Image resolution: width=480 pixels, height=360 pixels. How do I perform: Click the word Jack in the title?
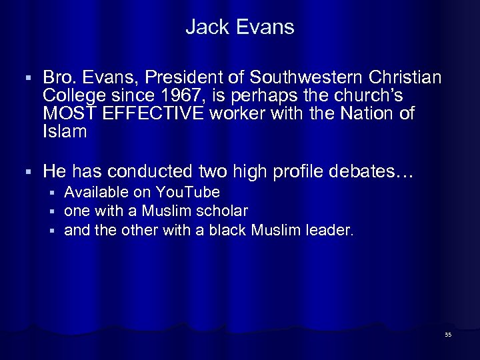click(203, 27)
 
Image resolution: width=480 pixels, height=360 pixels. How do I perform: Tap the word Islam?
click(65, 132)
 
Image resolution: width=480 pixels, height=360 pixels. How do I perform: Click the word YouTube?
click(187, 193)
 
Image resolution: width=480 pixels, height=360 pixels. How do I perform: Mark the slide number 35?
click(447, 334)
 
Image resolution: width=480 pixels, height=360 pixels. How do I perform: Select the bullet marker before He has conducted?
click(25, 173)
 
